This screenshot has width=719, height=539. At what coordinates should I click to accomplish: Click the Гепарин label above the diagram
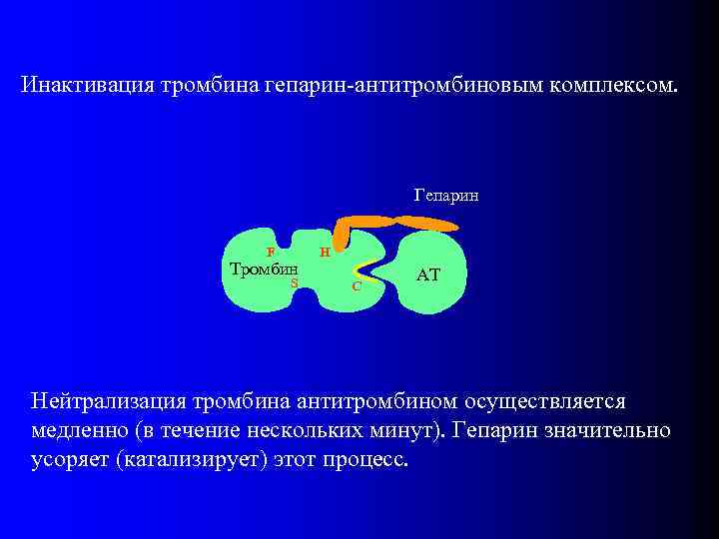click(x=446, y=196)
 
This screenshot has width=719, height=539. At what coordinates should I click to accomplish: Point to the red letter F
click(x=270, y=253)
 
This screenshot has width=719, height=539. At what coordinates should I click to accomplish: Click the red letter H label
click(x=324, y=253)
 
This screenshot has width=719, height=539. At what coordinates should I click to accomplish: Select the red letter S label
click(x=295, y=282)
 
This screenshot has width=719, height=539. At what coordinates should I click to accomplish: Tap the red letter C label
click(x=357, y=286)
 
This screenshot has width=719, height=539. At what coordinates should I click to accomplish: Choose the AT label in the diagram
click(x=428, y=273)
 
